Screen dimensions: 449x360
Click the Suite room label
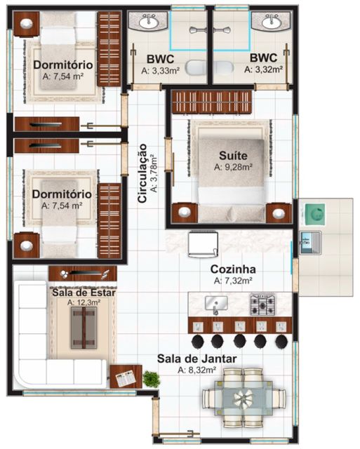(x=231, y=155)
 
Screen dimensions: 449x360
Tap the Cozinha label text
(x=233, y=269)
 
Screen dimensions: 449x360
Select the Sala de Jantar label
(x=196, y=358)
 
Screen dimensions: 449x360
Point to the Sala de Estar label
(x=84, y=293)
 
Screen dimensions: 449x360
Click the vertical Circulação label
(x=142, y=173)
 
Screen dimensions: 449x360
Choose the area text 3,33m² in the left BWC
(x=161, y=70)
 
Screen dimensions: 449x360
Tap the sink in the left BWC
(x=149, y=22)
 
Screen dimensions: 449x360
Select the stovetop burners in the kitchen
(x=262, y=304)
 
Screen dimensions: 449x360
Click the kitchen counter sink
(x=215, y=303)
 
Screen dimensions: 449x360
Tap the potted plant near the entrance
(x=150, y=379)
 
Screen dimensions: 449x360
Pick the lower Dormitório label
(x=62, y=194)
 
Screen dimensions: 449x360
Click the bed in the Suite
(x=232, y=168)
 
